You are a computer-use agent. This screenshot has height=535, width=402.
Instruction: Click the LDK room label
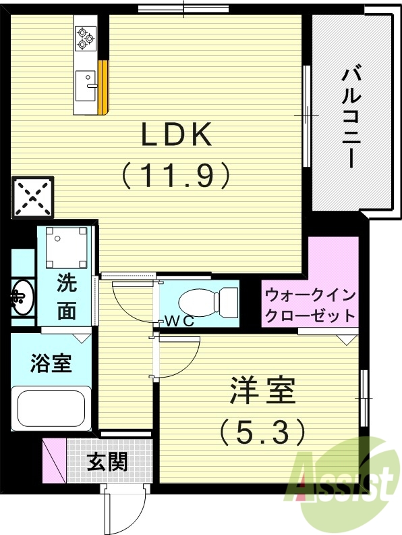177,136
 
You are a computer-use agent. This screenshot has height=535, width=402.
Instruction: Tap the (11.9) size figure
177,176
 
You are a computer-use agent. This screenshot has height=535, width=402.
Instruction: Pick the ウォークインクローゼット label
310,305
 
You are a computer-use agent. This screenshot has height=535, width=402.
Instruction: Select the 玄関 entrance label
107,463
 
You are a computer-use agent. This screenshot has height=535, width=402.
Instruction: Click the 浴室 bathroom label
51,363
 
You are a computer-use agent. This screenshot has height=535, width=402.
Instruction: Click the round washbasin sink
23,296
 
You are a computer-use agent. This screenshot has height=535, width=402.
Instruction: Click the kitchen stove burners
86,37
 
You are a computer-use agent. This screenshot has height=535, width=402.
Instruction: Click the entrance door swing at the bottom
125,510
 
